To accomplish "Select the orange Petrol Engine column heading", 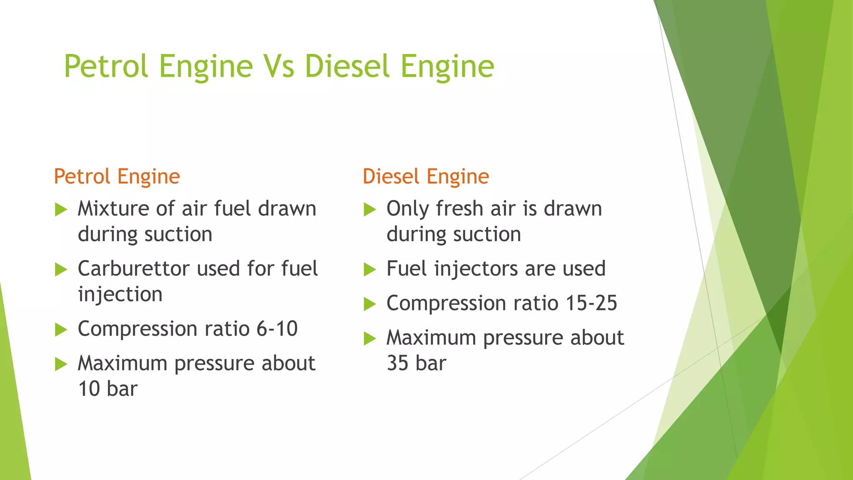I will click(x=117, y=176).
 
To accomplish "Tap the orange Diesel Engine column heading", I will click(x=426, y=176).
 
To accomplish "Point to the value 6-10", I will click(x=277, y=329).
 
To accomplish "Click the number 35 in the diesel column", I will click(x=397, y=363).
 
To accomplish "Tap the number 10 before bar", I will click(x=89, y=389).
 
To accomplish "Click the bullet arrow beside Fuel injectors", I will click(x=369, y=270).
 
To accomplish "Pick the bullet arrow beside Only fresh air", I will click(x=369, y=209).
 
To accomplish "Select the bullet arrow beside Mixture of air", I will click(x=61, y=209).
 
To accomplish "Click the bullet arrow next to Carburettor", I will click(x=61, y=270).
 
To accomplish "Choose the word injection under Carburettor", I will click(x=120, y=295).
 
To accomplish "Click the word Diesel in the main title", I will click(x=349, y=67).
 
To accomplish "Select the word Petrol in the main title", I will click(x=106, y=67).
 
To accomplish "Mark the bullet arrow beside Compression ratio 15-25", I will click(x=369, y=304).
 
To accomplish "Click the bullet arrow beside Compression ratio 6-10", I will click(x=61, y=330).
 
